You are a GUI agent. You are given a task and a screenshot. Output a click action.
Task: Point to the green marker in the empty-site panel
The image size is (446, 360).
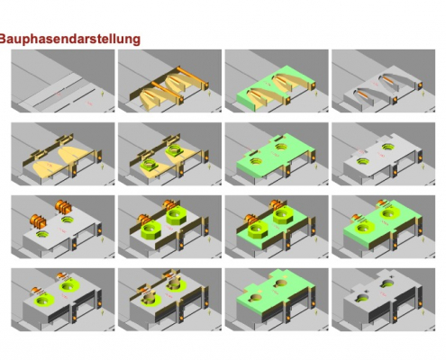tap(105, 94)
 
